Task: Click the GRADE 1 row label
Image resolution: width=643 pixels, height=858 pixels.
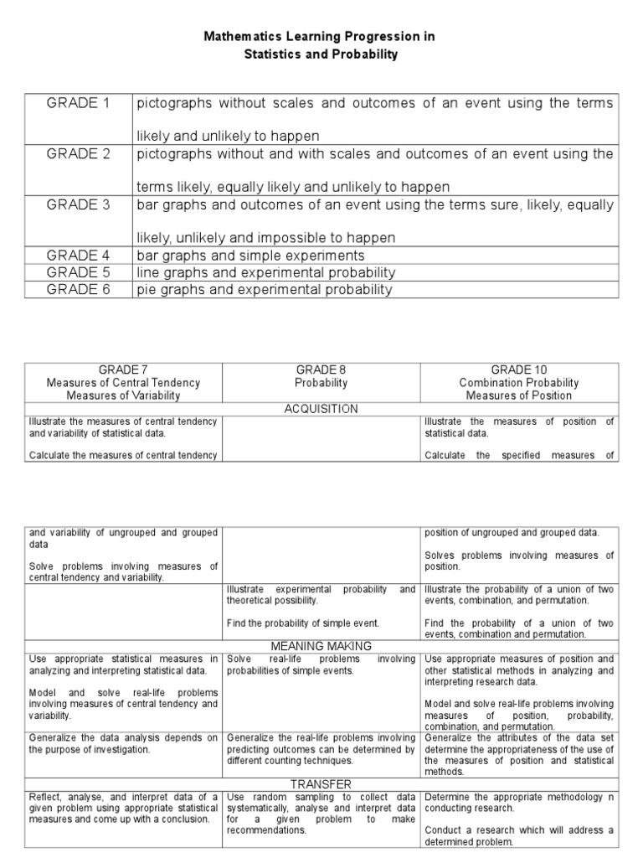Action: pos(78,103)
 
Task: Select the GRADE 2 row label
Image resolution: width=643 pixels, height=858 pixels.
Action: pos(78,154)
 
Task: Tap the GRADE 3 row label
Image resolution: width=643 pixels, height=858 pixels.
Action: pos(78,205)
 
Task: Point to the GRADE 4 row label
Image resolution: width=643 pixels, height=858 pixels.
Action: pos(78,256)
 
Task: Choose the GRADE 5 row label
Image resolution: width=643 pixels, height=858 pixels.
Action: pos(78,273)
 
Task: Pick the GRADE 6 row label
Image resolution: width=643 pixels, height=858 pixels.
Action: pos(78,290)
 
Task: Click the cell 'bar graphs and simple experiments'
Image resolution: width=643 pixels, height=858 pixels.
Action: pos(250,256)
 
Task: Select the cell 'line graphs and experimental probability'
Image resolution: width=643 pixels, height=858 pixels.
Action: pos(265,273)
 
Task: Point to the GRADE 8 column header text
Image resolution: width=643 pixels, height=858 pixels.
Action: pos(321,370)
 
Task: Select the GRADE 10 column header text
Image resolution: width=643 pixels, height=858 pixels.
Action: pos(519,370)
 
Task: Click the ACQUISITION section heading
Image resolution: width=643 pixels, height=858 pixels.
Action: pos(321,409)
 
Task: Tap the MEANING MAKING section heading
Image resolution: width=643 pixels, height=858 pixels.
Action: pos(321,647)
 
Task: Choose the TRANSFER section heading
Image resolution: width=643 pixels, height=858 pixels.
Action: pos(321,784)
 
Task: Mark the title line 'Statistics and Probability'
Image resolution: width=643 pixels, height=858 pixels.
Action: pos(321,54)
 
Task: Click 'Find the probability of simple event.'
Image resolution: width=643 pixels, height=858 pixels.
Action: pos(303,623)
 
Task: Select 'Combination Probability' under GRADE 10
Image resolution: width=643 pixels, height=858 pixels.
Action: pos(519,383)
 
